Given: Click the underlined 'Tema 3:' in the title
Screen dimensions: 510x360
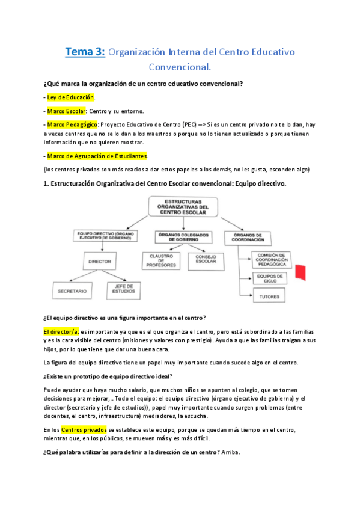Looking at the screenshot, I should (85, 52).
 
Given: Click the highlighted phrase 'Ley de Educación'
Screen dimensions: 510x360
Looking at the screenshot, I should (71, 97).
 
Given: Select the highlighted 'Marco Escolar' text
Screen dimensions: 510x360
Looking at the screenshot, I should (67, 111).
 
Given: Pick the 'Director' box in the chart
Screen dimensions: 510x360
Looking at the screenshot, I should (99, 262).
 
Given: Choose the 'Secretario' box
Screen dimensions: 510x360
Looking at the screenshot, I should (72, 291).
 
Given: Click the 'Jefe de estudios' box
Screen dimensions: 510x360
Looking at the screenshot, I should (124, 289).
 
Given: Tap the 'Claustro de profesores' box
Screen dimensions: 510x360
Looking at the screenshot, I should (162, 260).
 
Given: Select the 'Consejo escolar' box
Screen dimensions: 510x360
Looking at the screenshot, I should (205, 259).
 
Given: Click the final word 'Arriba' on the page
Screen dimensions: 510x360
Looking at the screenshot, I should (230, 453).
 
